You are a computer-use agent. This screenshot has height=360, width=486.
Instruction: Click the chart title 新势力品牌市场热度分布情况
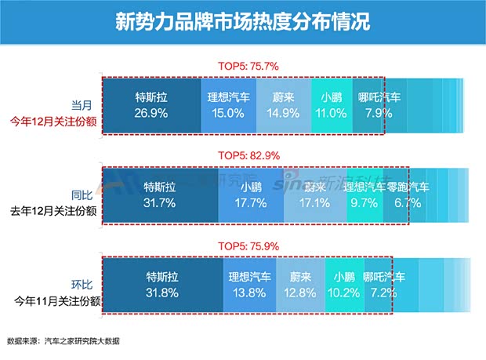[242, 20]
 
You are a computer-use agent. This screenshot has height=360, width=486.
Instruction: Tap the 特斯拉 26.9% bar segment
[151, 105]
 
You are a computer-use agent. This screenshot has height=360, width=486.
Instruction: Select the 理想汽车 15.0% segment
[228, 105]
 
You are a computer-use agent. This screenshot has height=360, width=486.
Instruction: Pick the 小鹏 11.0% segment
[332, 105]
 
